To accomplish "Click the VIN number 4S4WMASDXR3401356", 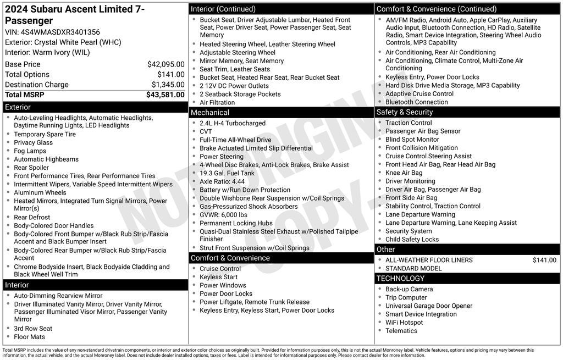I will click(60, 32).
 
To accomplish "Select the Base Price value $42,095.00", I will click(165, 64).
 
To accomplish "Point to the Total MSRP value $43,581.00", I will click(165, 95).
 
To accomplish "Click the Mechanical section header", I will click(210, 113).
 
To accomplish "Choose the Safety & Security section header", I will click(405, 112).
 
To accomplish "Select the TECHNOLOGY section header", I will click(400, 279).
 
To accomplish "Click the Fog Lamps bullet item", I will click(30, 151).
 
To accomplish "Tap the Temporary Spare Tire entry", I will click(45, 134).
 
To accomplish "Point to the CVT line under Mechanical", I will click(206, 132).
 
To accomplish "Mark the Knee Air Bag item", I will click(404, 173).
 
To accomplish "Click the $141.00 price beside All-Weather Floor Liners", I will click(544, 261).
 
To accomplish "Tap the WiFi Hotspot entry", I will click(404, 323).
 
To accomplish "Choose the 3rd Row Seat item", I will click(33, 329).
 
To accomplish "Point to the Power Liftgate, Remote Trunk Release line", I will click(255, 302).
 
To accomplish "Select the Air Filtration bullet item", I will click(217, 102).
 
